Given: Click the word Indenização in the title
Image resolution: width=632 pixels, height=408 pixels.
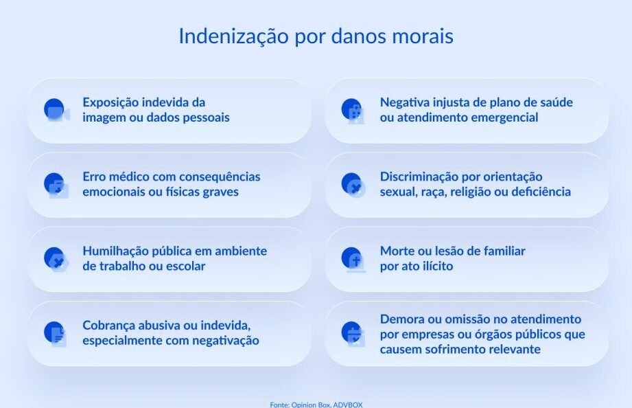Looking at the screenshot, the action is coord(234,36).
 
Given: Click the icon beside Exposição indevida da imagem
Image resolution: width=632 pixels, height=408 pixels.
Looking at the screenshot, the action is coord(57,110).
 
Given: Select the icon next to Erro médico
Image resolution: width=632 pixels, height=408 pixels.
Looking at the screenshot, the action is coord(56,185).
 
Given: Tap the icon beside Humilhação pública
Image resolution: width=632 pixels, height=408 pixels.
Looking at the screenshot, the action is coord(56,260).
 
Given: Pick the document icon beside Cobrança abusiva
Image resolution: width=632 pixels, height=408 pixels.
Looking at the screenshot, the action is coord(56,334).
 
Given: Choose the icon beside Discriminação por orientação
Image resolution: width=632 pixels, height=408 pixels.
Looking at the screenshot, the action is coord(353,185).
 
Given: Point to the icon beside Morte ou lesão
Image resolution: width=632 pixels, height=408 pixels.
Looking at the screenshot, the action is coord(353,260).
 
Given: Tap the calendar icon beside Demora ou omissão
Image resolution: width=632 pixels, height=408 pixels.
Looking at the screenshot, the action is coord(353,334).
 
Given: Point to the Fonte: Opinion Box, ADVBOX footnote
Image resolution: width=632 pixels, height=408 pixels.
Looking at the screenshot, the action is coord(316,405).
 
